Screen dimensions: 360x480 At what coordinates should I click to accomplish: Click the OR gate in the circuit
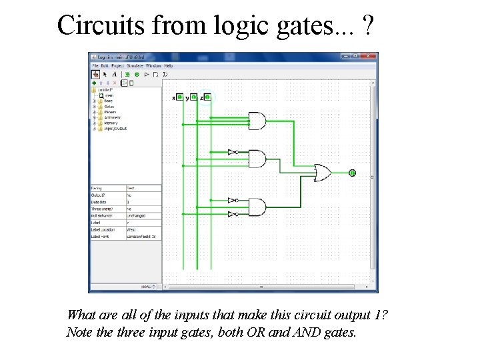pos(322,173)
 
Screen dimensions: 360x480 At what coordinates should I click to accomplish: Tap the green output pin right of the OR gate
pos(352,173)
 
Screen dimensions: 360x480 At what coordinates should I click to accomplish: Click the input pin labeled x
pos(180,97)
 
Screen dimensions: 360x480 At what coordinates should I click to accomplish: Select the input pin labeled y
pos(194,97)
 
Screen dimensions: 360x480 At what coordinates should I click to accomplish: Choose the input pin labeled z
pos(208,97)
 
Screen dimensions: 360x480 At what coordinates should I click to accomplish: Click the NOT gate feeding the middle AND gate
pos(232,152)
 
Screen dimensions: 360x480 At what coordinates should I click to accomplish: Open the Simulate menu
pos(135,66)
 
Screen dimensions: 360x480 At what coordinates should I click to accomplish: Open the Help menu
pos(169,66)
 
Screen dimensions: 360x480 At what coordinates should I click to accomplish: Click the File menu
pos(95,66)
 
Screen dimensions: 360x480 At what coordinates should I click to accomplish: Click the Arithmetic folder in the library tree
pos(112,117)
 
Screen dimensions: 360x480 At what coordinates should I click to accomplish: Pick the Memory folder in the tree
pos(111,123)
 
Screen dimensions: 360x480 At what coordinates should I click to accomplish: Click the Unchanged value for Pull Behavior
pos(136,215)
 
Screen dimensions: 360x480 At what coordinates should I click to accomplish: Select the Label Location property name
pos(103,229)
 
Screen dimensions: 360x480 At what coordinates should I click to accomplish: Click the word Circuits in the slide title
pos(101,25)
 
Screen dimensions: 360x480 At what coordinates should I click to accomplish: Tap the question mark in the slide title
pos(369,25)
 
